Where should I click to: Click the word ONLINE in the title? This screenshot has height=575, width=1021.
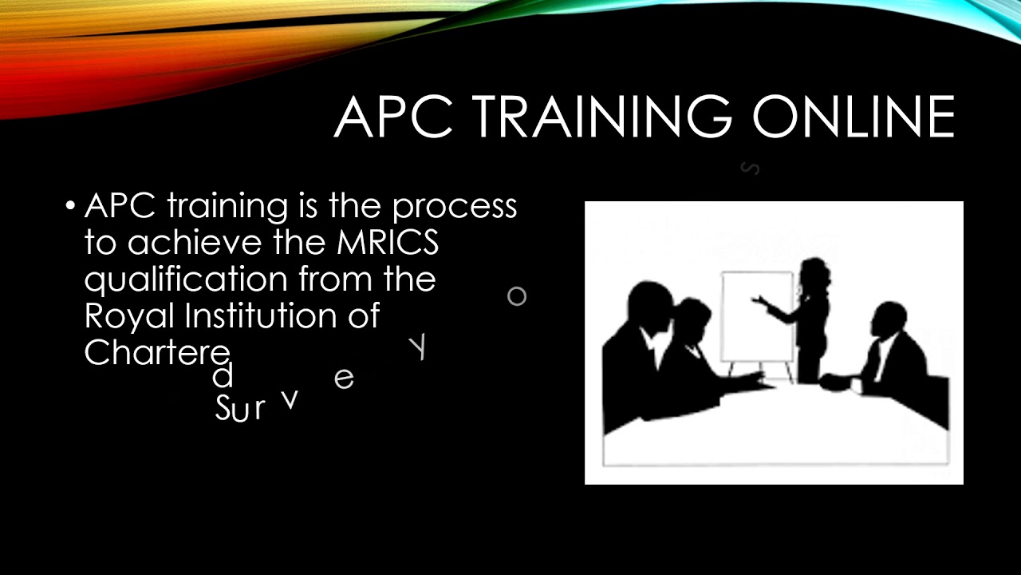(853, 117)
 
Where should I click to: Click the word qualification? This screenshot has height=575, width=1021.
(187, 280)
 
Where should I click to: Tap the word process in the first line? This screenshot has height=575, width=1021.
(454, 208)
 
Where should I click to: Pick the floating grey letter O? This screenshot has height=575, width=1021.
(517, 296)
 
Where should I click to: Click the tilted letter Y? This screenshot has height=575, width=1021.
(418, 348)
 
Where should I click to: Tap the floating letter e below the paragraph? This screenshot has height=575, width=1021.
(344, 379)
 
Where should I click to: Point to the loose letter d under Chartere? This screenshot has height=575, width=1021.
(223, 375)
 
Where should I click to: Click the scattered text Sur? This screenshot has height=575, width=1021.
(239, 409)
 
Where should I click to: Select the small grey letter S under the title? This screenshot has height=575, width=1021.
(750, 168)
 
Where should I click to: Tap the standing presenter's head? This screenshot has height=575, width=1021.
(813, 272)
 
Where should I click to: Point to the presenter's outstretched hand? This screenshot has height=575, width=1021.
(758, 300)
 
